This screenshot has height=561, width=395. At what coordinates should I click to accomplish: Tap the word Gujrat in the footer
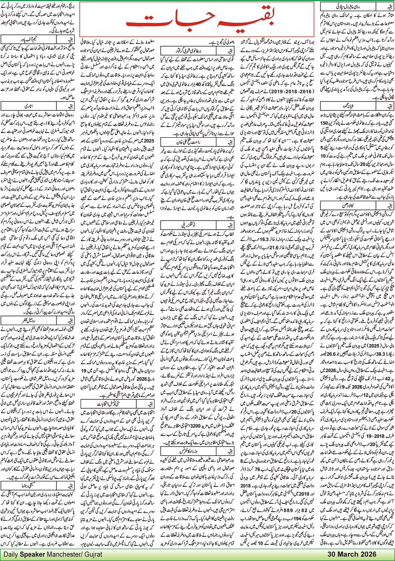click(95, 554)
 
